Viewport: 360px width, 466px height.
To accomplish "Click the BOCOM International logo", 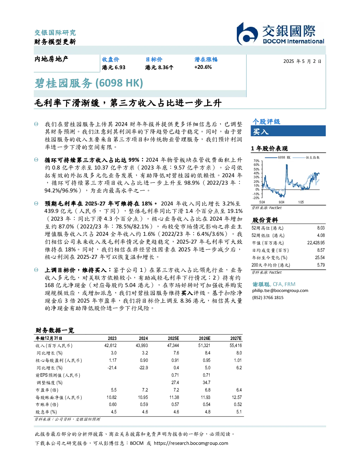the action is tap(280, 34).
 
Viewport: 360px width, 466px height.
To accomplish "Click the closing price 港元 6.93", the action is tap(113, 67).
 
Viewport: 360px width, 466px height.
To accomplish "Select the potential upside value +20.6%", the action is tap(203, 67).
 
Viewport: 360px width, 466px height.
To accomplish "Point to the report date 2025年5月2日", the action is tap(302, 61).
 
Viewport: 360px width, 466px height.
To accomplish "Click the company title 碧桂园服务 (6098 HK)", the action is tap(89, 83).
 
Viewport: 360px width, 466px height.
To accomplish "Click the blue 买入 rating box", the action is tap(288, 131).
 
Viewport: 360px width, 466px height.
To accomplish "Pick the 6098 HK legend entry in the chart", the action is tap(278, 157).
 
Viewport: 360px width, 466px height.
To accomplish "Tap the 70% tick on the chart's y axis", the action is tap(257, 161).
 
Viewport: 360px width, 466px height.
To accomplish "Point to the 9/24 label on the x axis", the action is tap(281, 202).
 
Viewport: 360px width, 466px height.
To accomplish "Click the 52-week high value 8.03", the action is tap(321, 228).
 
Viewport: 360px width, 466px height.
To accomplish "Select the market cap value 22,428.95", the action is tap(316, 243).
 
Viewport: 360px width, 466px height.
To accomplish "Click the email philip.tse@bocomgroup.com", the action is tap(280, 291).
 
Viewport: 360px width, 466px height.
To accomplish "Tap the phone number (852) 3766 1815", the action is tap(268, 298).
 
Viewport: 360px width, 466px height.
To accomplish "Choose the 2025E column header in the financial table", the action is tap(173, 339).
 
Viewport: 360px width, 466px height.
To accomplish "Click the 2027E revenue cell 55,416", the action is tap(236, 346).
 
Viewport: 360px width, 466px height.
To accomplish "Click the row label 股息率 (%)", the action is tap(46, 412).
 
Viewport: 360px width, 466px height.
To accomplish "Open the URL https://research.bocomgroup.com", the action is tap(191, 443).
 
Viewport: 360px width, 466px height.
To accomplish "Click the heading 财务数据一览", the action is tap(55, 330).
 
